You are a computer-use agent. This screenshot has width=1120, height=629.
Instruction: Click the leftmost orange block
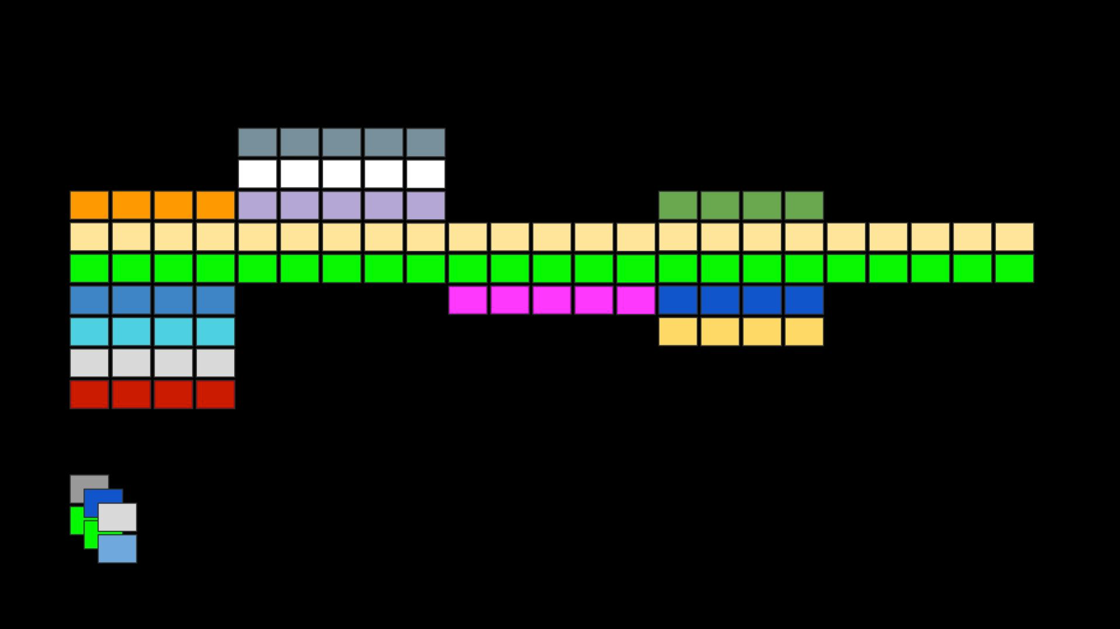tap(89, 205)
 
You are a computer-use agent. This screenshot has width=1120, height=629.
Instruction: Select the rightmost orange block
tap(216, 205)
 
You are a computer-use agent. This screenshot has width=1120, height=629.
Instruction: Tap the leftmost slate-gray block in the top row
tap(257, 142)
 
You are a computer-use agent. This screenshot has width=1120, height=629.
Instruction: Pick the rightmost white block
tap(426, 174)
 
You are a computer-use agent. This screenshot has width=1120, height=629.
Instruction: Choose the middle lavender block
tap(342, 205)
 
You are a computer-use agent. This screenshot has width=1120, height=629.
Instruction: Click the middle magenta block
tap(552, 300)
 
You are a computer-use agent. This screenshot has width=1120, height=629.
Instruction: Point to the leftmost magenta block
tap(468, 300)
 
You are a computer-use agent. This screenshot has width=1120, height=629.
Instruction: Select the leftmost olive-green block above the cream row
tap(678, 205)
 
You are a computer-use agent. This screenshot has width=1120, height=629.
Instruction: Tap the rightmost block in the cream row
tap(1015, 237)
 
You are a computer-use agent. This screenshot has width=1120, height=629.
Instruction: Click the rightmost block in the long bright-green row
tap(1015, 269)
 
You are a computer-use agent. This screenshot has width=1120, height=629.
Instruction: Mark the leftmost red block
tap(89, 394)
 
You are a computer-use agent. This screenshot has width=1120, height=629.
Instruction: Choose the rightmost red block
tap(216, 394)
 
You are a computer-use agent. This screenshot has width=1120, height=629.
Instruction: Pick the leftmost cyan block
tap(89, 332)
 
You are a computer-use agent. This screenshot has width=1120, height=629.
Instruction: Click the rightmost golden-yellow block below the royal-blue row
tap(804, 332)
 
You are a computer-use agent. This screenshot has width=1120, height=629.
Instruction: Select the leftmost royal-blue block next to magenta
tap(678, 300)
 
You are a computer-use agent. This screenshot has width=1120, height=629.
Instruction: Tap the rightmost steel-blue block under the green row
tap(216, 300)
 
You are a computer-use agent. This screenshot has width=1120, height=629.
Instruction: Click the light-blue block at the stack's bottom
tap(118, 549)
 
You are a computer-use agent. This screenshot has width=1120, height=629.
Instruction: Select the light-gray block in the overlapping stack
tap(118, 517)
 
